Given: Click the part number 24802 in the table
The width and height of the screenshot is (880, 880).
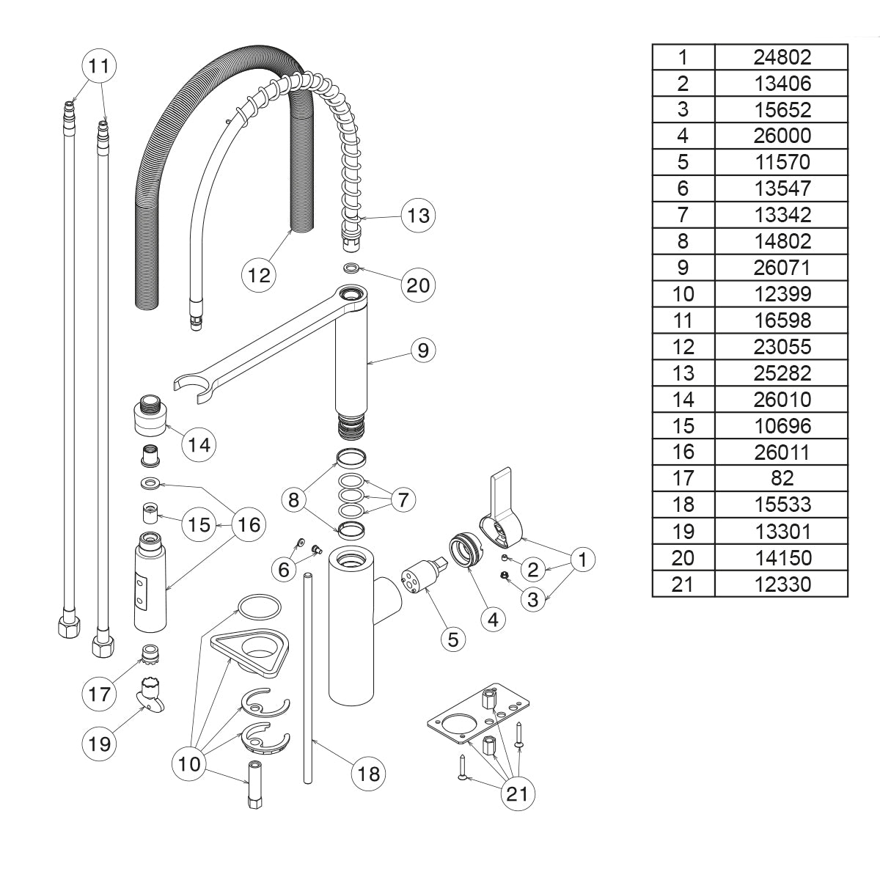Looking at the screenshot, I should tap(782, 56).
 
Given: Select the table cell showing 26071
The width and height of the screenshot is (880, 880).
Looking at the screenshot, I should tap(782, 268).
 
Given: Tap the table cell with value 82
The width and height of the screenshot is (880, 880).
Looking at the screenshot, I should tap(782, 478).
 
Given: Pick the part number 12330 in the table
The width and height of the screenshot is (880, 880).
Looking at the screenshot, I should tap(782, 584).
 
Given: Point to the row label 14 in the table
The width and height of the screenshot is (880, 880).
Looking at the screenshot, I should tap(683, 399).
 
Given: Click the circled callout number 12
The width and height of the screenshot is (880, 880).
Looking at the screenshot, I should tap(260, 275).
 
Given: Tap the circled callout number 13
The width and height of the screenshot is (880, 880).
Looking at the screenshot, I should tap(418, 216).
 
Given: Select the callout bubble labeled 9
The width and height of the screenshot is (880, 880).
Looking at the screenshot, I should tap(422, 350).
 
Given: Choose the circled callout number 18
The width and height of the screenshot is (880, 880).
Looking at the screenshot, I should tap(369, 773).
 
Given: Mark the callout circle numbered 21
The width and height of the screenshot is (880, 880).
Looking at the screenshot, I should tap(518, 794).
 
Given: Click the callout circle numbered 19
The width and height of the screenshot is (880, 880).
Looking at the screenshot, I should tap(99, 744).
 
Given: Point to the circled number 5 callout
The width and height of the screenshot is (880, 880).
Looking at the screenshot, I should tap(452, 639).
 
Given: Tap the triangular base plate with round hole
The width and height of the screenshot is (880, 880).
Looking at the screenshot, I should tap(250, 651).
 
